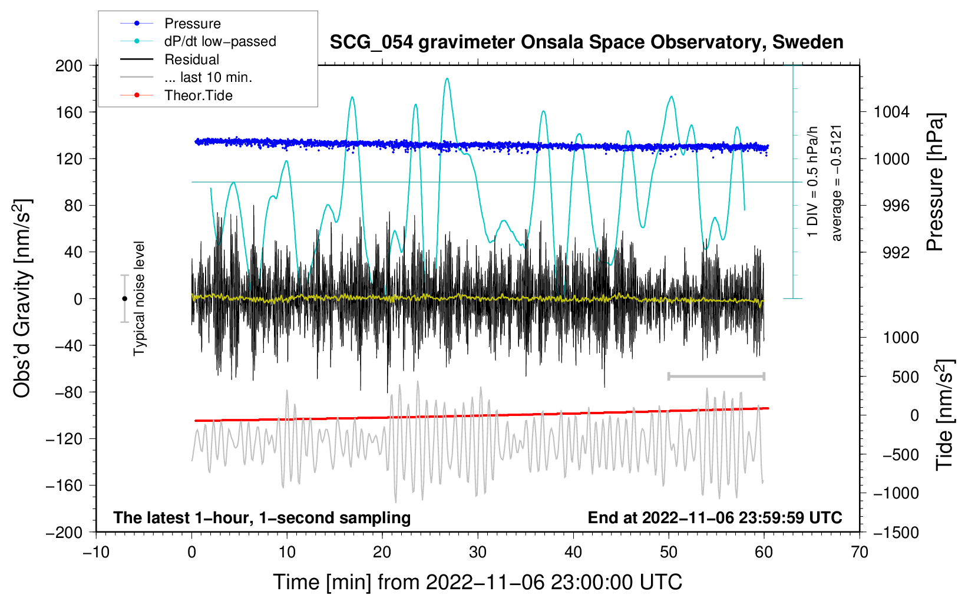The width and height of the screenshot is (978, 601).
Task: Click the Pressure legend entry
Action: click(x=192, y=24)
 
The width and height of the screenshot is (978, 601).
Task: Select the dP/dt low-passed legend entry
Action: click(x=220, y=41)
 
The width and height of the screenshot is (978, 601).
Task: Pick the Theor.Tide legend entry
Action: click(x=198, y=95)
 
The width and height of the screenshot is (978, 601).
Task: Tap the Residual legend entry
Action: click(x=191, y=60)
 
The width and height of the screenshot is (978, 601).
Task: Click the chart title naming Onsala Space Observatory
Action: click(x=586, y=42)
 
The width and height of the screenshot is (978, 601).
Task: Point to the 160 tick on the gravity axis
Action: click(x=69, y=112)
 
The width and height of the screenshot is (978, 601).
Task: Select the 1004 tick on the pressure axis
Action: click(x=891, y=112)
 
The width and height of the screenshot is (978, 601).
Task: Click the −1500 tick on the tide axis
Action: click(x=896, y=532)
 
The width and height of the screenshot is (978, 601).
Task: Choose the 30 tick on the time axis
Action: click(x=478, y=552)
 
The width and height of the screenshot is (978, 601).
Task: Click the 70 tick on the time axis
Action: click(x=860, y=552)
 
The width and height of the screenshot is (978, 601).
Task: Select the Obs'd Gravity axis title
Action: click(x=22, y=298)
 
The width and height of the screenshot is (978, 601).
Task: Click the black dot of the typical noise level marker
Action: click(x=124, y=299)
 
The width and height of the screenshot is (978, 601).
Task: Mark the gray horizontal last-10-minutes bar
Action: click(x=716, y=376)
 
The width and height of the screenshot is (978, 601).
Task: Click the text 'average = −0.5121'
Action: click(x=837, y=183)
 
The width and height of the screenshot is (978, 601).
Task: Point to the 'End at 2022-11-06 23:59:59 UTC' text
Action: click(x=715, y=517)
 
